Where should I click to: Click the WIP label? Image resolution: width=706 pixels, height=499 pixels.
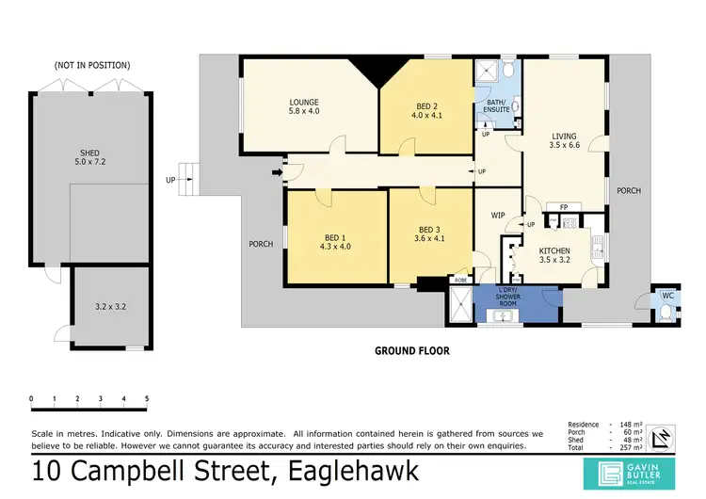(498, 216)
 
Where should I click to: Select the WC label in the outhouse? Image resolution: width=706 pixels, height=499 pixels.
(667, 296)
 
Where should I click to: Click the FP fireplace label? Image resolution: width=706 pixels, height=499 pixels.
(563, 207)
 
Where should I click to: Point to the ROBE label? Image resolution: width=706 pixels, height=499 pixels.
(460, 280)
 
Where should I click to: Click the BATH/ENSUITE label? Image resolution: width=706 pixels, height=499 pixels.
(496, 105)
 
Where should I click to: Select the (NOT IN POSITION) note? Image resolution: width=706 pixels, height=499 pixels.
(92, 65)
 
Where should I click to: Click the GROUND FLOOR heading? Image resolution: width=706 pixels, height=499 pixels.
(412, 350)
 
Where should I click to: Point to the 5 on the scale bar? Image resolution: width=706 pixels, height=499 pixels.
(147, 399)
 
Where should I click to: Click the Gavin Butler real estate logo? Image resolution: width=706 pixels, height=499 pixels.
(632, 471)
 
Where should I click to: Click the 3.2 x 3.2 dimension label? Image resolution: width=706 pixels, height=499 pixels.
(111, 306)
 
